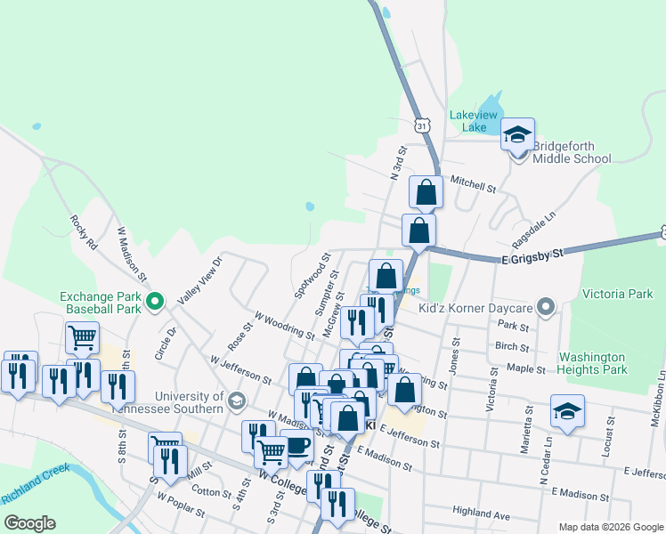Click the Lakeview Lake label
point(469,121)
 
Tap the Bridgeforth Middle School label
point(572,152)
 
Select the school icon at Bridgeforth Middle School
point(517,135)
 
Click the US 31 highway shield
point(422,125)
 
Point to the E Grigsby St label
point(532,256)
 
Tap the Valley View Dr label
point(199,280)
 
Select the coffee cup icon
point(296,446)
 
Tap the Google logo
point(29,523)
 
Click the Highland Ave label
point(481,514)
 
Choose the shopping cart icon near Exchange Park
point(82,337)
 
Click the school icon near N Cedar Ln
point(567,411)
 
